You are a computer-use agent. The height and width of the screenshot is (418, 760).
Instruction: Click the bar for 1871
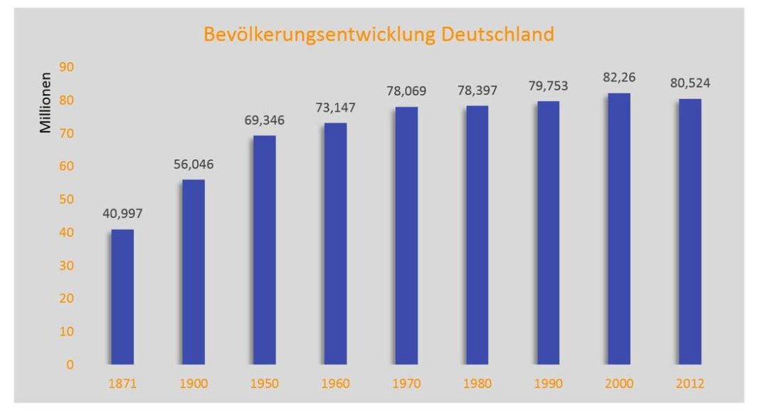click(x=122, y=297)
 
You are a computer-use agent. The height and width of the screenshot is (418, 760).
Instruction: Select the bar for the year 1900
click(x=193, y=272)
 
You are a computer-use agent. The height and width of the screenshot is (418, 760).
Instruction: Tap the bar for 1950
click(x=264, y=250)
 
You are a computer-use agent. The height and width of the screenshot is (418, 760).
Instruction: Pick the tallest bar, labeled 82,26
click(x=618, y=229)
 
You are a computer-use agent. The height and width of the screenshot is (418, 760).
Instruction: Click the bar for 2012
click(x=690, y=231)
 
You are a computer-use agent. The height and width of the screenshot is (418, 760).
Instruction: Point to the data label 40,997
click(x=122, y=214)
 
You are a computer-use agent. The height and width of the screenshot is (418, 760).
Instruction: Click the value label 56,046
click(x=194, y=164)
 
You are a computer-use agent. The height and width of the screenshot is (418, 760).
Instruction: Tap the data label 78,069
click(x=406, y=91)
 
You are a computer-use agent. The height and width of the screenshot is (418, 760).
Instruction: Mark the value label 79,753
click(x=548, y=85)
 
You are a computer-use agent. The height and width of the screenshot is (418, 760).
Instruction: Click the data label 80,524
click(x=690, y=83)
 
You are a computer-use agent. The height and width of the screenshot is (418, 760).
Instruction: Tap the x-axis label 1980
click(x=477, y=384)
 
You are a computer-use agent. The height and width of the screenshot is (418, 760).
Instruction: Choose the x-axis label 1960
click(x=335, y=384)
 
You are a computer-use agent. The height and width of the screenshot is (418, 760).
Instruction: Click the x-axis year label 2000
click(x=618, y=384)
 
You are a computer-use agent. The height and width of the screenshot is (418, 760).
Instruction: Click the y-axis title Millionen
click(x=46, y=103)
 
